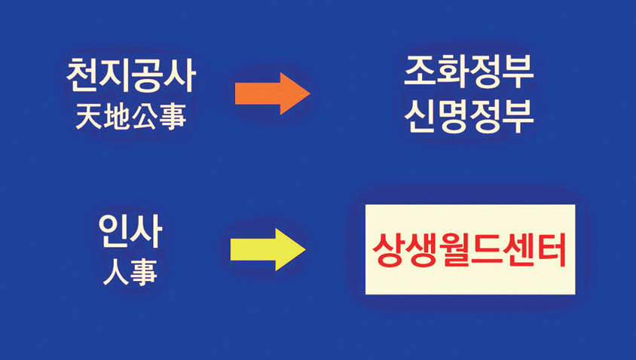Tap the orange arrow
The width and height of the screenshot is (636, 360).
click(272, 94)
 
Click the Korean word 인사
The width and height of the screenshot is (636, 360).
click(130, 233)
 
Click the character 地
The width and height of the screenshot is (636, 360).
click(117, 117)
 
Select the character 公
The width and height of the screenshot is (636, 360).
click(145, 117)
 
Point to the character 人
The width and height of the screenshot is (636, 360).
click(115, 272)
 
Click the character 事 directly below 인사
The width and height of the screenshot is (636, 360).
click(144, 272)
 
